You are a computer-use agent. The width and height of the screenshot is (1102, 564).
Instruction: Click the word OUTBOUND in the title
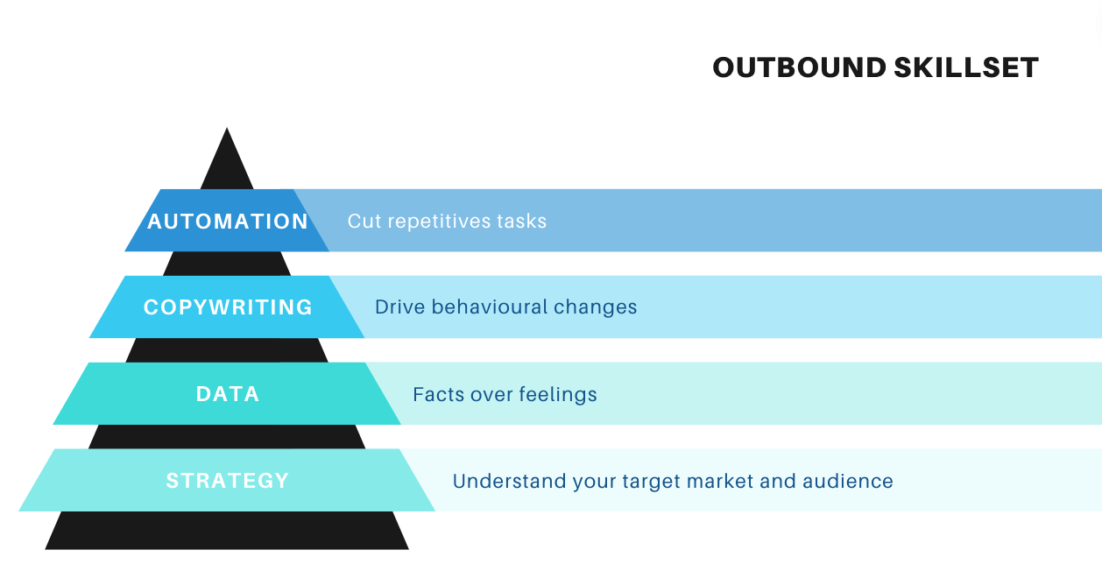pyautogui.click(x=799, y=67)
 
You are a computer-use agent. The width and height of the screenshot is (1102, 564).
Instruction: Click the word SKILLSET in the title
pyautogui.click(x=966, y=67)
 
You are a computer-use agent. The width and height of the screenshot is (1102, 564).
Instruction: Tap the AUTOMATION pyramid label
pyautogui.click(x=228, y=222)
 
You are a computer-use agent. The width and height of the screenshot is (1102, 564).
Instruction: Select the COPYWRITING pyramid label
pyautogui.click(x=228, y=307)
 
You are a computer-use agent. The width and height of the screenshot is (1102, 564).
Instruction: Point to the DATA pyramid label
pyautogui.click(x=228, y=394)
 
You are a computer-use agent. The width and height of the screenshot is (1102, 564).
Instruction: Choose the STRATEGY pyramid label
pyautogui.click(x=227, y=481)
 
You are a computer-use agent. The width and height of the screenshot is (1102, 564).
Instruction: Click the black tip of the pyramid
pyautogui.click(x=227, y=129)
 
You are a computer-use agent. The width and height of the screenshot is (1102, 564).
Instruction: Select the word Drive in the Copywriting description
pyautogui.click(x=400, y=307)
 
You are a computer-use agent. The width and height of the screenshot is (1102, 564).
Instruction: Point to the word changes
pyautogui.click(x=596, y=308)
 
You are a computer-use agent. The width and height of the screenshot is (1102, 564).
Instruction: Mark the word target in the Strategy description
pyautogui.click(x=652, y=482)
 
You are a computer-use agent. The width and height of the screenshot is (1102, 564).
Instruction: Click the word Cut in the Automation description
pyautogui.click(x=364, y=222)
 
